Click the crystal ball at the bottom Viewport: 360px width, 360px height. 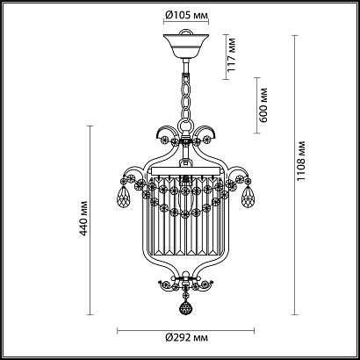[x=184, y=308]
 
